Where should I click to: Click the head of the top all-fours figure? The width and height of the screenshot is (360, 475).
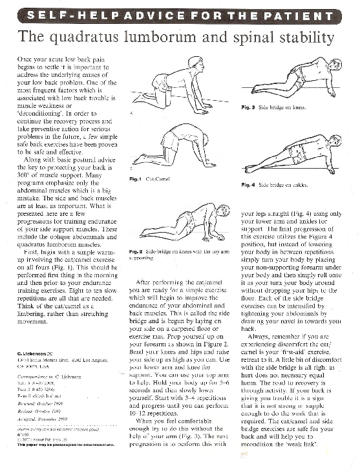pyautogui.click(x=195, y=63)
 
